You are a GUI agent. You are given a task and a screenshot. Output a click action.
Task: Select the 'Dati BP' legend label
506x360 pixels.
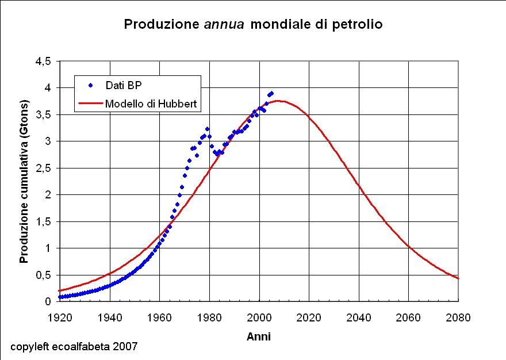click(x=124, y=85)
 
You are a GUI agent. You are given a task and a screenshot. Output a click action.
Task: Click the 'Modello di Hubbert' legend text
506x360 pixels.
click(x=152, y=104)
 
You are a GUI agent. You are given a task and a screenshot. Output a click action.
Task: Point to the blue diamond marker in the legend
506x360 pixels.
click(x=90, y=85)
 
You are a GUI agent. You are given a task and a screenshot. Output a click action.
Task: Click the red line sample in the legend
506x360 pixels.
click(x=90, y=104)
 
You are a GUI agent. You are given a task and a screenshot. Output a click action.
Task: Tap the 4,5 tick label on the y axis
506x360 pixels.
click(x=44, y=61)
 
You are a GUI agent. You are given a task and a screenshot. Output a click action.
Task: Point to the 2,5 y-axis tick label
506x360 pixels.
click(x=44, y=168)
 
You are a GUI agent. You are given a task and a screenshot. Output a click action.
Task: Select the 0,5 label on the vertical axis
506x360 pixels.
click(x=44, y=275)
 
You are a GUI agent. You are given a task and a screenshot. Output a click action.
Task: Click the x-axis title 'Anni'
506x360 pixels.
click(x=259, y=337)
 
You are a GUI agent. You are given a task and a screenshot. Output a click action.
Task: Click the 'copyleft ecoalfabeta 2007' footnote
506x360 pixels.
click(x=74, y=347)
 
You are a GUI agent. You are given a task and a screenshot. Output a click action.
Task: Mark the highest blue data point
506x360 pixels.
click(x=271, y=93)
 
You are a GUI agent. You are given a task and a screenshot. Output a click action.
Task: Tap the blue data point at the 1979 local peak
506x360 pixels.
click(x=207, y=129)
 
